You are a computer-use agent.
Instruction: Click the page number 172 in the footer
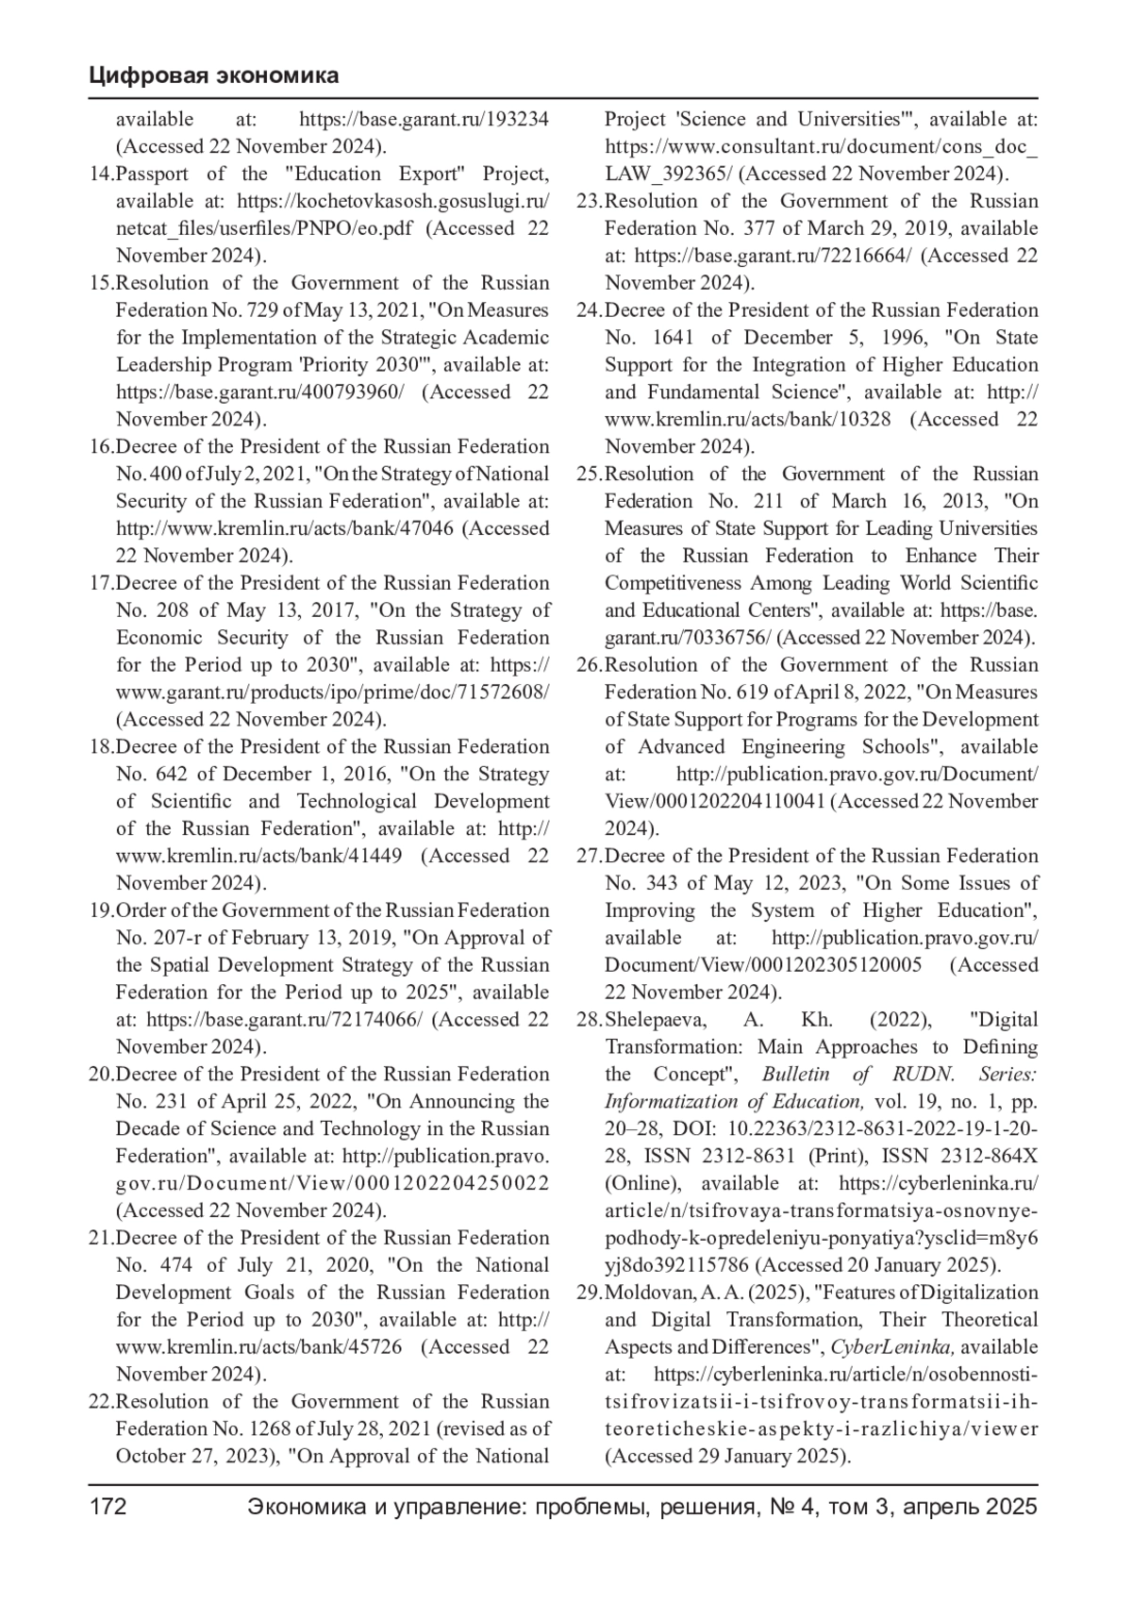[108, 1507]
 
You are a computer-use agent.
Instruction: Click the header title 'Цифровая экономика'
[214, 75]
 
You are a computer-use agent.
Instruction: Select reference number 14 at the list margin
[100, 175]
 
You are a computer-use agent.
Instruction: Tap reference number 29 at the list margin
[589, 1293]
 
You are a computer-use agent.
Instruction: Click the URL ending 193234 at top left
[424, 120]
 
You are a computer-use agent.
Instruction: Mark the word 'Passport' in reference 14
[152, 175]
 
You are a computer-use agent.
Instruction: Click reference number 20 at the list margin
[100, 1075]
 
